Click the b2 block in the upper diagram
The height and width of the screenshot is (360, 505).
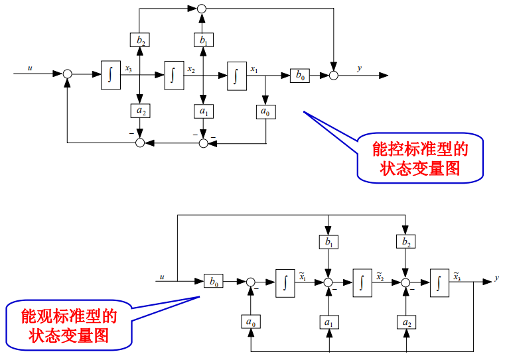(x=140, y=40)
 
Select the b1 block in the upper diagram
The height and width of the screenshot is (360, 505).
(x=203, y=40)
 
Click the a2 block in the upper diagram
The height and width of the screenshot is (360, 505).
(x=140, y=111)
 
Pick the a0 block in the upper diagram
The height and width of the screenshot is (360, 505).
(x=265, y=111)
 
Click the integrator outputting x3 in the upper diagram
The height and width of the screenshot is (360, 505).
(x=111, y=74)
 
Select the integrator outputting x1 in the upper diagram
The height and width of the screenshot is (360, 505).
(x=236, y=74)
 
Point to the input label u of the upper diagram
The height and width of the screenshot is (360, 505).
(x=30, y=68)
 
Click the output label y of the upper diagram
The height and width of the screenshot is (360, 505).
(x=359, y=68)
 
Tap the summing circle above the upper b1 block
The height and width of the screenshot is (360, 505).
(x=203, y=9)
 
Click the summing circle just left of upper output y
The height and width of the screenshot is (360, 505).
(x=334, y=75)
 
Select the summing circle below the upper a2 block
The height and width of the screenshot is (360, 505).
(x=140, y=143)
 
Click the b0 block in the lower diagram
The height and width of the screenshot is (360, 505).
(x=213, y=282)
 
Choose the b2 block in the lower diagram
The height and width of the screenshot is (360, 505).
(x=405, y=243)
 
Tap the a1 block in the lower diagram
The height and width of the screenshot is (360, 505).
(x=328, y=322)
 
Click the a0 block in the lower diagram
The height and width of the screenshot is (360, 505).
(x=251, y=322)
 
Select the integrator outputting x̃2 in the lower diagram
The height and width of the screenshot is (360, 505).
(x=362, y=282)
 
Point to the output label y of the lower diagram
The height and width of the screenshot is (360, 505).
(x=496, y=278)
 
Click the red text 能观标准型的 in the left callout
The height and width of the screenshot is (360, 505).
(x=69, y=316)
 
